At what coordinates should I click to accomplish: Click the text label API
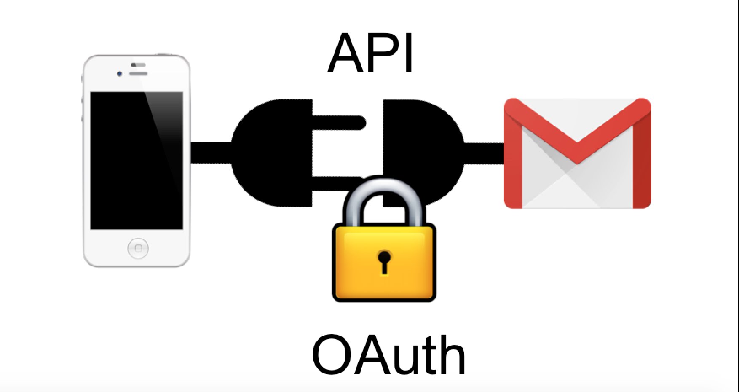point(370,54)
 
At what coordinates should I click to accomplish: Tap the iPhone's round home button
point(138,248)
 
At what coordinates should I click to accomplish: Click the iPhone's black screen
point(137,161)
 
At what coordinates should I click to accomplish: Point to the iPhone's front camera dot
point(120,74)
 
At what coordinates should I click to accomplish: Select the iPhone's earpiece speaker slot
point(138,73)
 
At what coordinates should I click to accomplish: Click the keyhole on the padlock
point(384,262)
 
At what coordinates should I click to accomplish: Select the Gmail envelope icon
point(577,153)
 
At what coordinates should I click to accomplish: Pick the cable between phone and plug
point(211,153)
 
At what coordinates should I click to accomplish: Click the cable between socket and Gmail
point(485,153)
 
